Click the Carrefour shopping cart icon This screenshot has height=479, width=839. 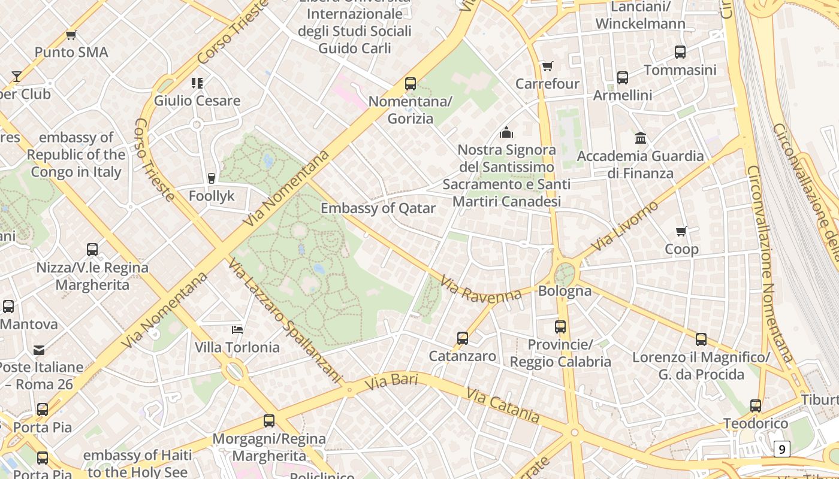pos(547,66)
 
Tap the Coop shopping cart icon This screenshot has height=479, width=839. pos(681,231)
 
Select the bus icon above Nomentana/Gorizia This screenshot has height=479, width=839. pos(411,84)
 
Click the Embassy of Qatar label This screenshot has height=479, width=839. pos(378,208)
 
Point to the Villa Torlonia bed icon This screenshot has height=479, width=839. pos(237,329)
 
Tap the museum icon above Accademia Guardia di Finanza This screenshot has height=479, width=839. pos(641,138)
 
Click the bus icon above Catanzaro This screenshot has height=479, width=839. pos(463,338)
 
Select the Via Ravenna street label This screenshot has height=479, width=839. pos(481,289)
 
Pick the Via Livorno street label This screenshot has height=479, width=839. pos(624,227)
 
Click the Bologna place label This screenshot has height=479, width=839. pos(565,291)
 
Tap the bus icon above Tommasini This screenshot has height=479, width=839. pos(680,52)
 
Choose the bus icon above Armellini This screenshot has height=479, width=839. pos(623,78)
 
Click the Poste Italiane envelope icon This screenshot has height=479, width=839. pos(39,350)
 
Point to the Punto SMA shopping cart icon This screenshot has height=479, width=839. pos(71,35)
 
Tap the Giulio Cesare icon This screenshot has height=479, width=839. pos(197,83)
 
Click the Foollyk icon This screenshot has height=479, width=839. pos(211,178)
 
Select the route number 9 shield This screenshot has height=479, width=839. pos(781,448)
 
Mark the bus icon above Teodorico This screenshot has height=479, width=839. pos(756,406)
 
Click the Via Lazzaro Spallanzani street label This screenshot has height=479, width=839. pos(285,320)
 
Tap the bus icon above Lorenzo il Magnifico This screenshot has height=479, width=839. pos(701,339)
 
